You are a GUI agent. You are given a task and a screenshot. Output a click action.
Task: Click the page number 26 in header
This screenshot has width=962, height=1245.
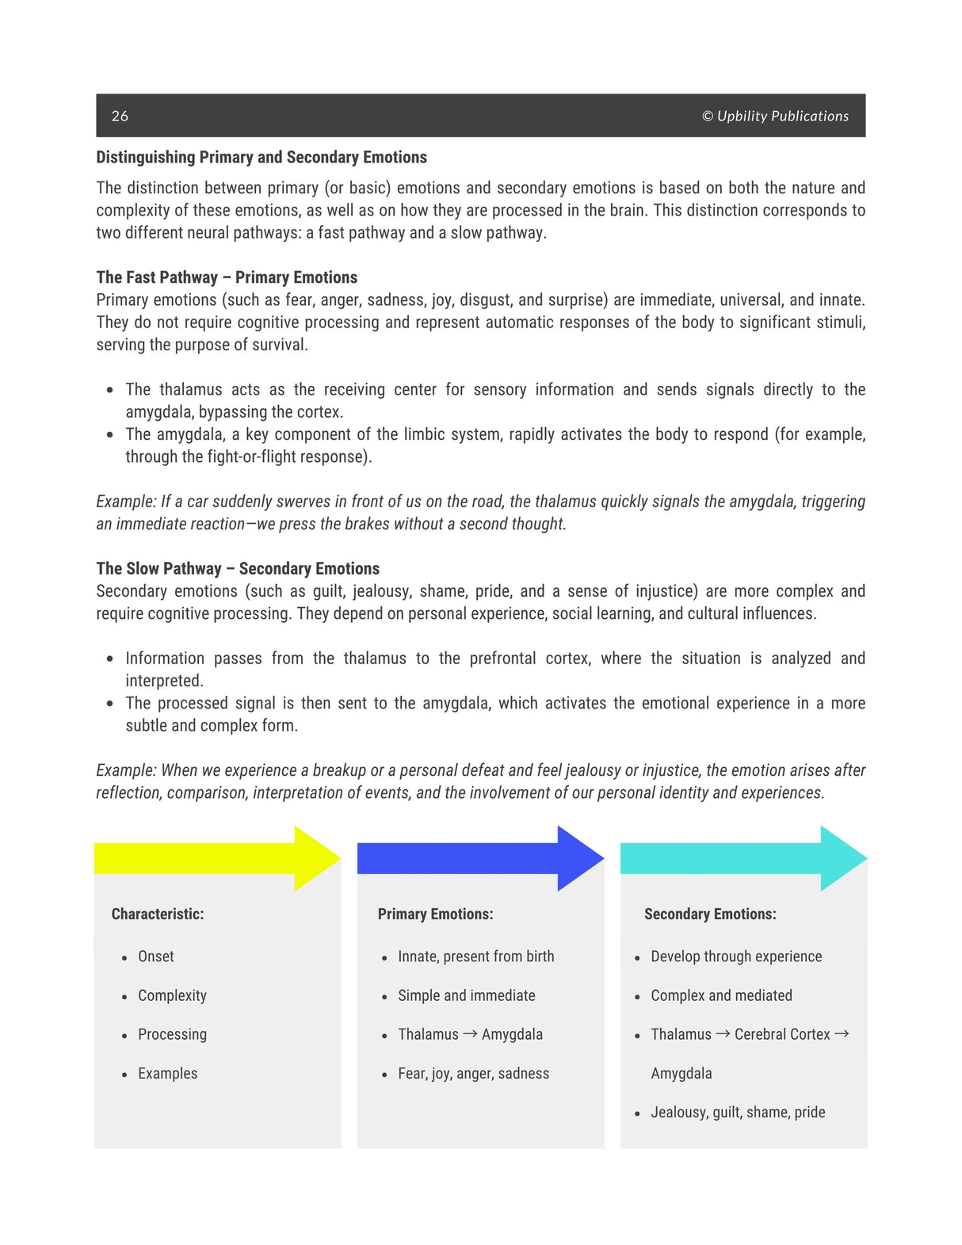point(120,116)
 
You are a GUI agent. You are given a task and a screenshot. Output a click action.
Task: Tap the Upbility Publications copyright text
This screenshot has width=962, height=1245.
point(774,116)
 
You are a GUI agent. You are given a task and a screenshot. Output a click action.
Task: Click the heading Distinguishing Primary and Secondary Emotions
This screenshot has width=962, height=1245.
point(261,157)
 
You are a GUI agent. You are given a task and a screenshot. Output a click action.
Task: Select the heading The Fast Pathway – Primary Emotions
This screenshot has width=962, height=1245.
point(227,277)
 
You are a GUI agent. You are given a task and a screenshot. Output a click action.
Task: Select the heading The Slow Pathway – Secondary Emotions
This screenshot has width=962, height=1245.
point(238,568)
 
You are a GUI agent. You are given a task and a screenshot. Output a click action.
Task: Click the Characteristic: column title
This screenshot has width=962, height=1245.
point(158,914)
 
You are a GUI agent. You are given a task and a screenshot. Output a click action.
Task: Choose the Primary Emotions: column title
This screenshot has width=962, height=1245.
point(435,914)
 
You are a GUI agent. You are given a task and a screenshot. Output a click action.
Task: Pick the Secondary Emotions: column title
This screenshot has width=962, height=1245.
point(710,914)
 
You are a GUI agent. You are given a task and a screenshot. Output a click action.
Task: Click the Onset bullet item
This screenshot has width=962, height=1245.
point(155,957)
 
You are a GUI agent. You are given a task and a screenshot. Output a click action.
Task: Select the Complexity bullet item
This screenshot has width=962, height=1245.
point(172,995)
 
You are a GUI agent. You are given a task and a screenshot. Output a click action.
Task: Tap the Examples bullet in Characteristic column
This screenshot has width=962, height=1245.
point(167,1073)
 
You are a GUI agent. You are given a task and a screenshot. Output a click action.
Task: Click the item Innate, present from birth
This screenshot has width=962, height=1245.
point(475,957)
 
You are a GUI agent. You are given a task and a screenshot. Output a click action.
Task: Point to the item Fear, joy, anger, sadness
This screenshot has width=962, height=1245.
point(473,1073)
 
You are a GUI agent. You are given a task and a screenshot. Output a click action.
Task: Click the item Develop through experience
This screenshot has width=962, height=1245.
point(736,957)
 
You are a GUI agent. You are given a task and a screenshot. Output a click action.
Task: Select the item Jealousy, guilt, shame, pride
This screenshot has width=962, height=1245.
point(738,1112)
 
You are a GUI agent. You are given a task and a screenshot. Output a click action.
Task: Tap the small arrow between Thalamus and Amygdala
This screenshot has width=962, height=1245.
point(470,1033)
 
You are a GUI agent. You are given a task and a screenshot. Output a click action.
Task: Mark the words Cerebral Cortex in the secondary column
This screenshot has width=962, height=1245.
point(782,1034)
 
